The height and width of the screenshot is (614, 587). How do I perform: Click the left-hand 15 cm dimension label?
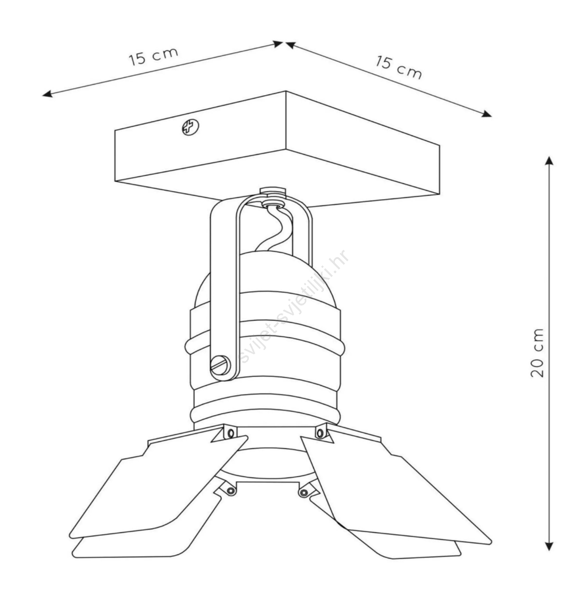[x=153, y=56]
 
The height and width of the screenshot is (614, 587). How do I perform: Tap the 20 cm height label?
[x=538, y=353]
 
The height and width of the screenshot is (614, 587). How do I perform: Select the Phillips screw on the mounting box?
[x=190, y=127]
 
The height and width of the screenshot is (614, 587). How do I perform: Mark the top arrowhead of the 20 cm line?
[x=549, y=160]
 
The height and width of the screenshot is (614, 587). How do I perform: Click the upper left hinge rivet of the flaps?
[x=230, y=433]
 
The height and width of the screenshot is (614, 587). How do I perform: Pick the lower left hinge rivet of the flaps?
[x=230, y=491]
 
